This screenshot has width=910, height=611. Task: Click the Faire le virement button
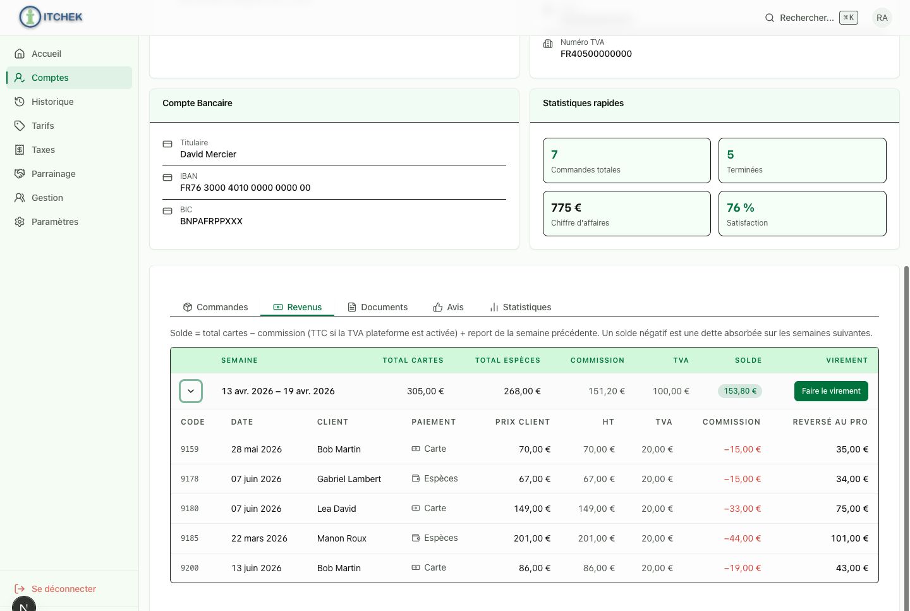[831, 391]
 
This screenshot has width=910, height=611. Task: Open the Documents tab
[377, 307]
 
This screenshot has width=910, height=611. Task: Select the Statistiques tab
[521, 307]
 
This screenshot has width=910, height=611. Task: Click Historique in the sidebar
[52, 102]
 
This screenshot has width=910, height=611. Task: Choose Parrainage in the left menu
[53, 174]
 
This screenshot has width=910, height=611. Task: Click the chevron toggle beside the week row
[191, 391]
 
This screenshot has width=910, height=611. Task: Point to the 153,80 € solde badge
[740, 391]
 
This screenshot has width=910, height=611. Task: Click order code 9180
[190, 509]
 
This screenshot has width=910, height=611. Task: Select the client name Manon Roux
[342, 538]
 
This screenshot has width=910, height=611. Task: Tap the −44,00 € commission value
[742, 538]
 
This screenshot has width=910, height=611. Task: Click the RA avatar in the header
[882, 18]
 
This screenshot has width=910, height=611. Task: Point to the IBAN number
[245, 188]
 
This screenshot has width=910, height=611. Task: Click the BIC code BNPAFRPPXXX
[211, 221]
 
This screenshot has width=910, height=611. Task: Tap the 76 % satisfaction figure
[740, 208]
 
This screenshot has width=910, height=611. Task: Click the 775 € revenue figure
[566, 208]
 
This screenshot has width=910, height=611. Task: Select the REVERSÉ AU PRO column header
[830, 421]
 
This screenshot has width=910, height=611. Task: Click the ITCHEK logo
[51, 17]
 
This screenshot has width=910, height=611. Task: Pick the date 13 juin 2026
[257, 568]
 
